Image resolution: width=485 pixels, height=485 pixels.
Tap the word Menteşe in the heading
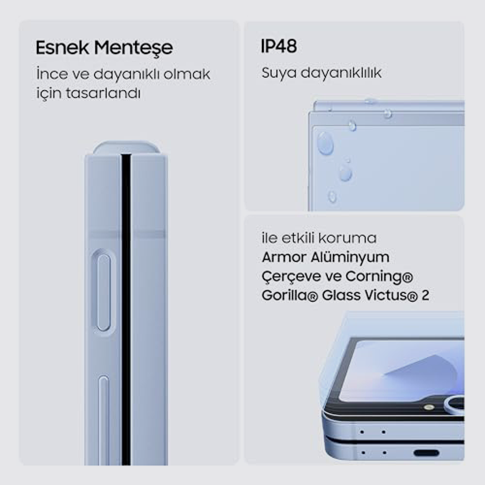tap(133, 48)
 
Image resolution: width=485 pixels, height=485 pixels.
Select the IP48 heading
tap(279, 46)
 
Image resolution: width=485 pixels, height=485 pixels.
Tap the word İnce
tap(52, 74)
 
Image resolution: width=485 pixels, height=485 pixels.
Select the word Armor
tap(283, 257)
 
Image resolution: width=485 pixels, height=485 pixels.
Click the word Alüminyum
tap(350, 258)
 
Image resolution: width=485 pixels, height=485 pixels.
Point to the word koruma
tap(347, 238)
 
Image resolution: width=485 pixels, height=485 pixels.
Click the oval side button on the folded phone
tap(103, 292)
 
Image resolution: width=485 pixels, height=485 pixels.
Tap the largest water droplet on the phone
tap(325, 143)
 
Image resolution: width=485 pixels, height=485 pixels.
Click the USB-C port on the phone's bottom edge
tap(427, 453)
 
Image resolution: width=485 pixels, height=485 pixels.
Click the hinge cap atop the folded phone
tap(127, 148)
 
